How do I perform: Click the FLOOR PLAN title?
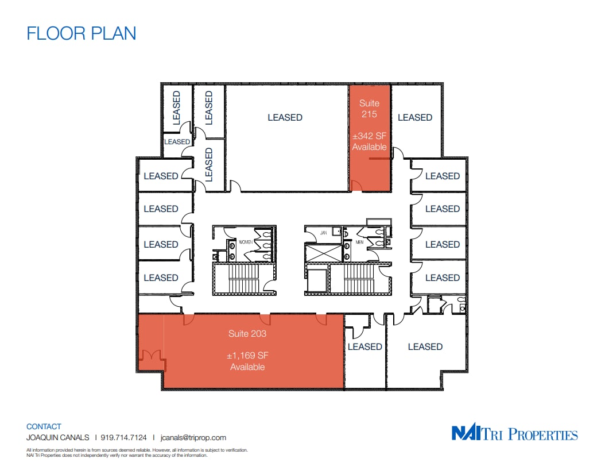pos(82,33)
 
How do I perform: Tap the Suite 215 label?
pos(369,109)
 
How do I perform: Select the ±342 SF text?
pos(369,136)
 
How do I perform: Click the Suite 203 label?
pos(247,333)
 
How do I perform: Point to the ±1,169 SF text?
pos(247,356)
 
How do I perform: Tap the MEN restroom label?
pos(359,241)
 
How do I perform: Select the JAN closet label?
pos(323,233)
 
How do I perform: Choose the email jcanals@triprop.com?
pos(193,437)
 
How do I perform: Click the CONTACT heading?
pos(44,426)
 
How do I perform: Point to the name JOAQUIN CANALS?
pos(57,437)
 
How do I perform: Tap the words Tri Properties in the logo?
pos(531,434)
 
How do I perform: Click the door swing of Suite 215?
pos(356,184)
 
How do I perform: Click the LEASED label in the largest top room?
pos(285,117)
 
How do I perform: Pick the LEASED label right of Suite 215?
pos(414,117)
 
